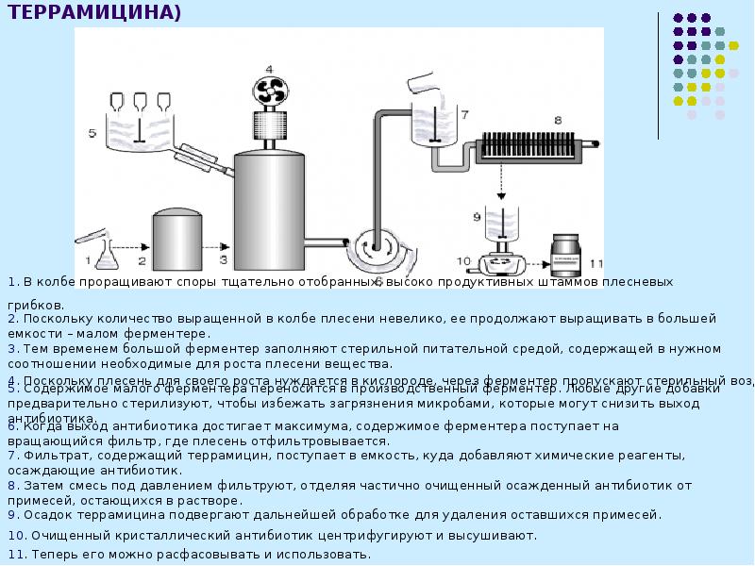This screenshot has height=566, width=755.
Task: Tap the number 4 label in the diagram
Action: pyautogui.click(x=269, y=69)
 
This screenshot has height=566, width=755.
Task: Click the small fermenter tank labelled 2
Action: pyautogui.click(x=176, y=241)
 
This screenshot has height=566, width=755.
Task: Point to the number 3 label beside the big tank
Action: pyautogui.click(x=224, y=258)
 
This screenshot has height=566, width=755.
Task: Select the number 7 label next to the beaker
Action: pyautogui.click(x=463, y=115)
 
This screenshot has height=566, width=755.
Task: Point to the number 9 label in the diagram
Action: pyautogui.click(x=478, y=216)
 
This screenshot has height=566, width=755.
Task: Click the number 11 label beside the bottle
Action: pyautogui.click(x=595, y=262)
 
